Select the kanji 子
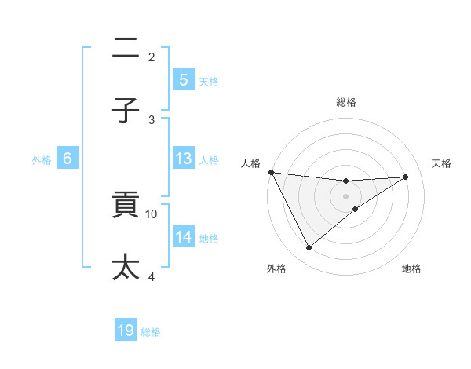coord(126,111)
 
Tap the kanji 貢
coord(126,206)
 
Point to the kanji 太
coord(126,267)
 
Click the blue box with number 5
coord(183,80)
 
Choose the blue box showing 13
coord(183,159)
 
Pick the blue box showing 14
coord(183,237)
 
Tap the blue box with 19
coord(126,331)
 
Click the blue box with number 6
coord(68,159)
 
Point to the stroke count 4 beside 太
coord(152,276)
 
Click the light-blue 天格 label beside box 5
coord(209,81)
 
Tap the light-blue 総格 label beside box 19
coord(151,332)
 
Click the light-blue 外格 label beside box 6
coord(42,159)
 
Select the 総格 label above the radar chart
coord(345,102)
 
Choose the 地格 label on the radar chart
coord(411,269)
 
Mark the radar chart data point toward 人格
coord(271,172)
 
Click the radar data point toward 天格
coord(406,177)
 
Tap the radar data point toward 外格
coord(309,248)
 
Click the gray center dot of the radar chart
coord(345,196)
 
